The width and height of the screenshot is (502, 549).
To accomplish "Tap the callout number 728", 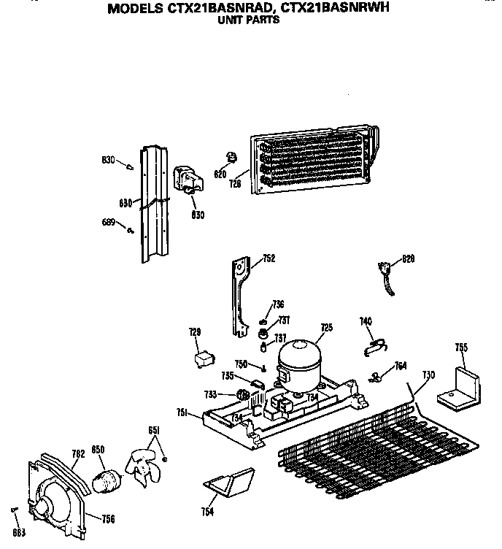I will (x=235, y=185).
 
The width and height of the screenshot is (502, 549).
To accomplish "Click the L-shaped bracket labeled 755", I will (x=457, y=387).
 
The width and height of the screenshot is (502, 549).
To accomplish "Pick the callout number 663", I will (x=19, y=532).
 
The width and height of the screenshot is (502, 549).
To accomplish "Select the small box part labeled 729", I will (x=203, y=358).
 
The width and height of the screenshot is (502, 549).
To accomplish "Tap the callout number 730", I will (x=428, y=375).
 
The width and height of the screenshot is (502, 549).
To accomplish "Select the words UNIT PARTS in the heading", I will (x=249, y=20).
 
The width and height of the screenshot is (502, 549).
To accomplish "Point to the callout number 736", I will (x=278, y=304).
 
